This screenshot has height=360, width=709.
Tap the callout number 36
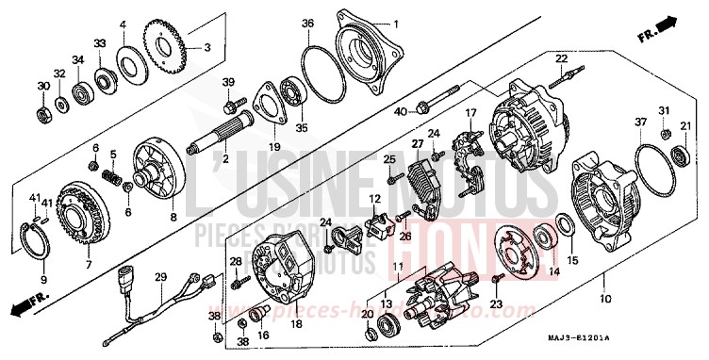(308, 23)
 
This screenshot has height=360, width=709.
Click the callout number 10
(603, 299)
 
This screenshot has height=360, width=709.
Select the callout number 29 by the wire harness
(160, 276)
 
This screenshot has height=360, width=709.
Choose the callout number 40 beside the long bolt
(399, 112)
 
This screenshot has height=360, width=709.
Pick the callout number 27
(413, 142)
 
